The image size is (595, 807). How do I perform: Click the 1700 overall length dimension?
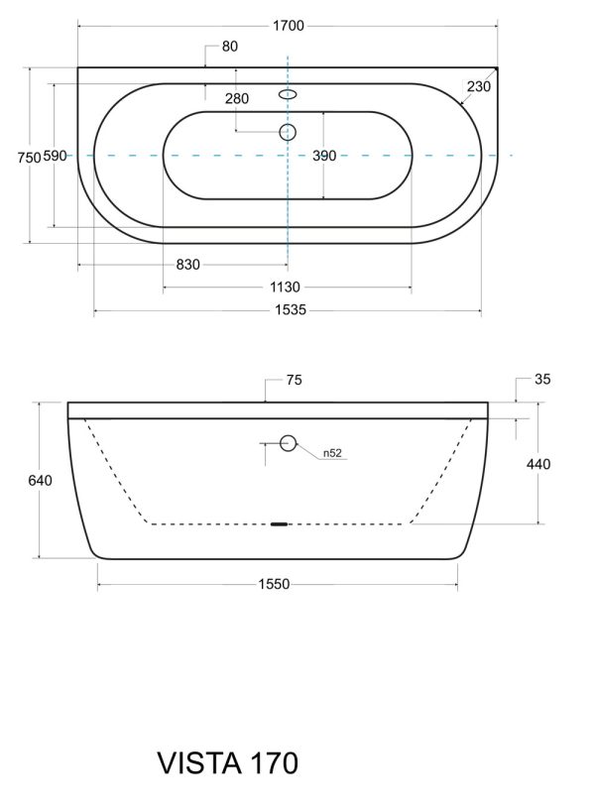tap(289, 25)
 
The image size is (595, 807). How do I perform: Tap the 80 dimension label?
tap(230, 47)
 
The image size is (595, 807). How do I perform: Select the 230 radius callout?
tap(479, 86)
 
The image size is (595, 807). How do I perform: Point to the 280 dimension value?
tap(237, 98)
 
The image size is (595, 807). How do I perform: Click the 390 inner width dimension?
tap(324, 156)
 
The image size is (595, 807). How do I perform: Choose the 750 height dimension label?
tap(29, 157)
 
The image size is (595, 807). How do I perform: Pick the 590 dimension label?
tap(55, 156)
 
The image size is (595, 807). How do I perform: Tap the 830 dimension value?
tap(187, 265)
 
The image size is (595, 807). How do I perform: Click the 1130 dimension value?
tap(285, 288)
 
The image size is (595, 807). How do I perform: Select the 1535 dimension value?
tap(291, 310)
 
